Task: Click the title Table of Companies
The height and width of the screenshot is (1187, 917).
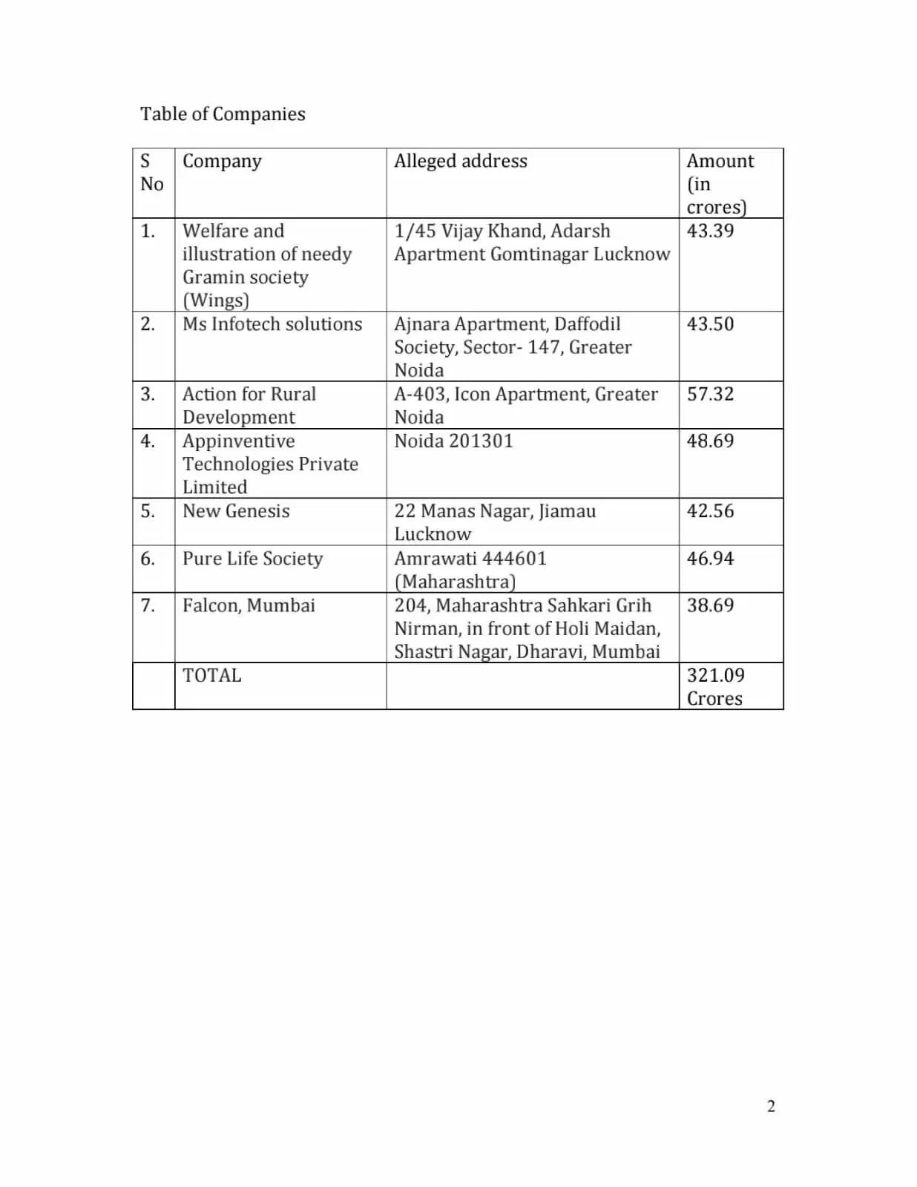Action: (x=223, y=114)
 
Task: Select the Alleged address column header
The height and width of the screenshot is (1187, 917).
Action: (x=460, y=161)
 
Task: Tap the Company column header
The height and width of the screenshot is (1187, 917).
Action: (x=222, y=161)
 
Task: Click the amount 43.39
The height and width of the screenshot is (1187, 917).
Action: (x=710, y=231)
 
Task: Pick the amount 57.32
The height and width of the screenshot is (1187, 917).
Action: (x=710, y=394)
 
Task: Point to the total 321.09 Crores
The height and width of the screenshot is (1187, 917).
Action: (x=715, y=686)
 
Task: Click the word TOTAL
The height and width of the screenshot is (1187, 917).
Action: (x=212, y=676)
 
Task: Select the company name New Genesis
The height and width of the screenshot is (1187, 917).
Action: (x=236, y=511)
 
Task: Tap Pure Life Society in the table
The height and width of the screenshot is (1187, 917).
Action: (x=252, y=559)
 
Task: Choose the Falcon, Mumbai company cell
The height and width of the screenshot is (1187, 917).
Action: (x=249, y=605)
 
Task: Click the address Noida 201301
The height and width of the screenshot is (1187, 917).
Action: (x=453, y=441)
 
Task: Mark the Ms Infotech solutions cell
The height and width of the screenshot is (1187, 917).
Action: (x=272, y=324)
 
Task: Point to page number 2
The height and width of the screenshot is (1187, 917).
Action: (x=771, y=1106)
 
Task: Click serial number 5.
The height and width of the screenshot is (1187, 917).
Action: (x=148, y=511)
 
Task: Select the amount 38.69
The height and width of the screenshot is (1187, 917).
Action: (x=710, y=605)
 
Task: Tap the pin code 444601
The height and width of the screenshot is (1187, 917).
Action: (x=514, y=559)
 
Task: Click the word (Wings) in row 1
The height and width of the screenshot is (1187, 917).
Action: (x=216, y=300)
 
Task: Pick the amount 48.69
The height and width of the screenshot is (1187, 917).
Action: (x=710, y=441)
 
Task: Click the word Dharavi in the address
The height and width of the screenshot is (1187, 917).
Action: (x=550, y=652)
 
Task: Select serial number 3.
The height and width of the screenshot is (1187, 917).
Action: (x=148, y=394)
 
